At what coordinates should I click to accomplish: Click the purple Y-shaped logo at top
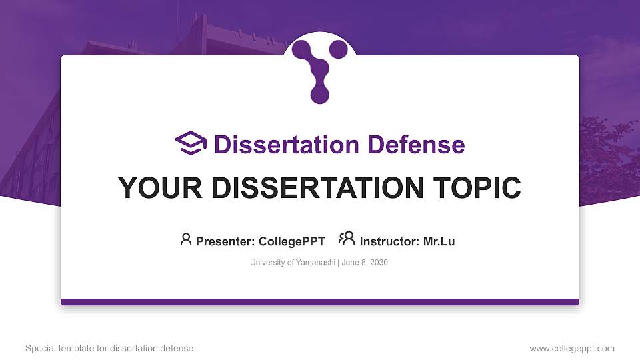[x=320, y=69]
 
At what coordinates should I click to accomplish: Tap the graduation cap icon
[x=191, y=143]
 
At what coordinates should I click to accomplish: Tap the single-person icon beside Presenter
[x=186, y=239]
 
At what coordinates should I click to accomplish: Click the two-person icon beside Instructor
[x=347, y=239]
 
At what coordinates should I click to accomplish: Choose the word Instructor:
[x=389, y=241]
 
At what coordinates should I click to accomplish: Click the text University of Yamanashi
[x=293, y=263]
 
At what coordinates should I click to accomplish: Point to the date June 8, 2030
[x=366, y=263]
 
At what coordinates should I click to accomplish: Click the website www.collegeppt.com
[x=572, y=349]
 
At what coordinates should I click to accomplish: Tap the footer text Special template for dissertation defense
[x=109, y=349]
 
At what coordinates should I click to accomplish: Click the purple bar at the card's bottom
[x=320, y=302]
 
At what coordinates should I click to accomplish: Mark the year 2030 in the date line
[x=377, y=263]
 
